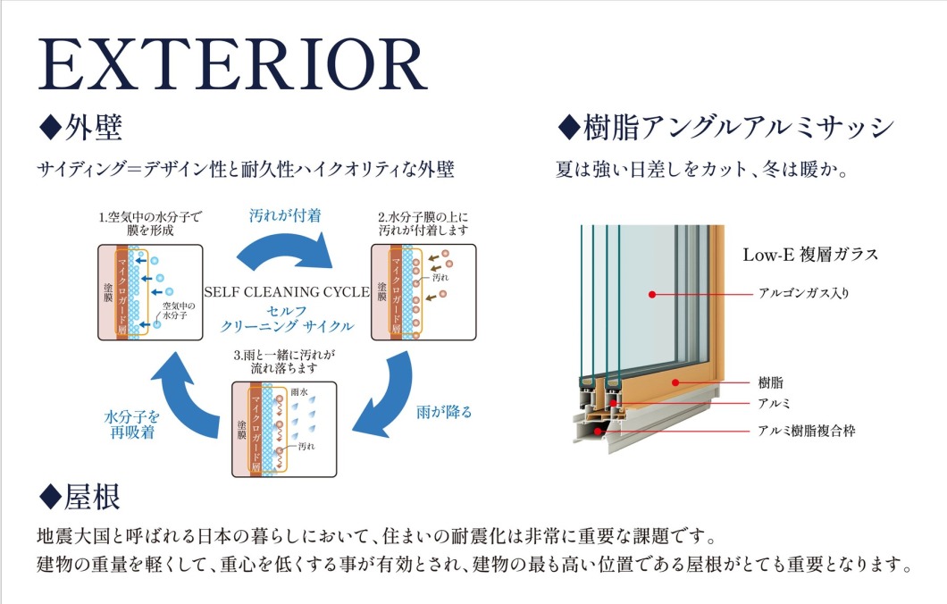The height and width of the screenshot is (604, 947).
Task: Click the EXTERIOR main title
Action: point(231,64)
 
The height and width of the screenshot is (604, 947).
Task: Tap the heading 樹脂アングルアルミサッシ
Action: point(725,127)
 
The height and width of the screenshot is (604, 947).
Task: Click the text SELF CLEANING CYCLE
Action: point(287,291)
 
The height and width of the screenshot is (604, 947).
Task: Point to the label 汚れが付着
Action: point(285,215)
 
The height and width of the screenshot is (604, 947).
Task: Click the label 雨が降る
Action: point(444,412)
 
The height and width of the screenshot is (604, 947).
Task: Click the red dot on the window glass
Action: point(653,293)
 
